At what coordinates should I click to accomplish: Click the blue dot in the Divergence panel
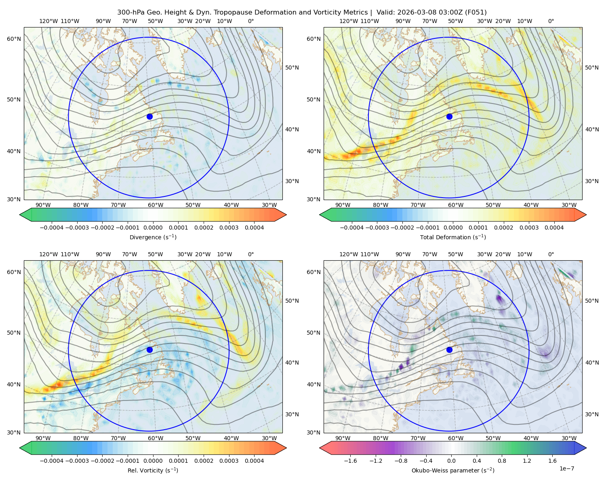pos(149,116)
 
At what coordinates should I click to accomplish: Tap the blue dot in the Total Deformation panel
pos(449,116)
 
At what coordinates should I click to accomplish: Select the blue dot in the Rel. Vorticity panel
pos(149,350)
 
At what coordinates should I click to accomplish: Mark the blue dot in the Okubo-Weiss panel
pos(449,350)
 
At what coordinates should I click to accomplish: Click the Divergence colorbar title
pos(153,237)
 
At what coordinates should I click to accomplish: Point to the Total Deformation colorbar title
pos(453,237)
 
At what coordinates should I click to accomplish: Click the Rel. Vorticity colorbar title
pos(153,470)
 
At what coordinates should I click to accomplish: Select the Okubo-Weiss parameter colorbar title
pos(453,470)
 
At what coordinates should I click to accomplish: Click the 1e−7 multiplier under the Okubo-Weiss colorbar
pos(566,468)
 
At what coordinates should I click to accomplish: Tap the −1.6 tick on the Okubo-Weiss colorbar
pos(350,461)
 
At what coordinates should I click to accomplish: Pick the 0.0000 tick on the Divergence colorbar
pos(153,228)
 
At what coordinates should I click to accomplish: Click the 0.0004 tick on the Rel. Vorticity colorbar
pos(254,461)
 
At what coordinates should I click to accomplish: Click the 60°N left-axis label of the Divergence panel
pos(14,39)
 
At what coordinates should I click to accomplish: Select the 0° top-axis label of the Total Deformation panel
pos(551,21)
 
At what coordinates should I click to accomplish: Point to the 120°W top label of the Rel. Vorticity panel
pos(48,254)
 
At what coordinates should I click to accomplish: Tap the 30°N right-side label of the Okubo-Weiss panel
pos(592,414)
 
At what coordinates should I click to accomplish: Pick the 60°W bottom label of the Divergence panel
pos(156,205)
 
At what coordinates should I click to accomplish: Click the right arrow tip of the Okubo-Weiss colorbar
pos(586,448)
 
